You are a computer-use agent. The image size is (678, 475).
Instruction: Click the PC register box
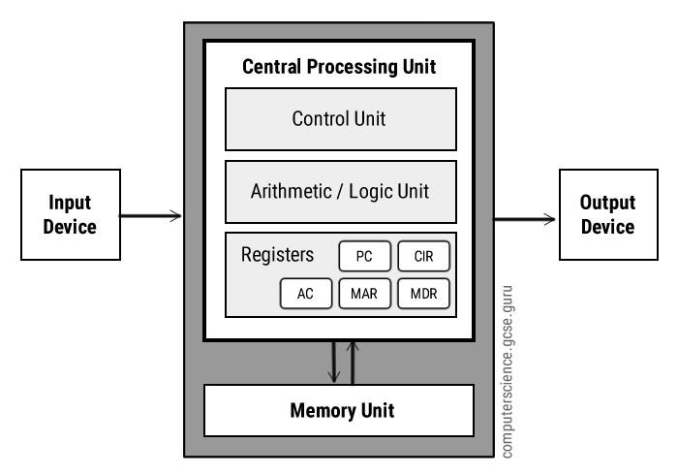tap(364, 257)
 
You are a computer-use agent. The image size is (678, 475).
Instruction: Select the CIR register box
tap(424, 257)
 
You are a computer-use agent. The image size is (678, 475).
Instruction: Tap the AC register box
tap(305, 294)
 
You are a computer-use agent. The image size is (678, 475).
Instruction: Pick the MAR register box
tap(364, 294)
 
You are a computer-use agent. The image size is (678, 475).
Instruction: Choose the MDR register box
tap(424, 294)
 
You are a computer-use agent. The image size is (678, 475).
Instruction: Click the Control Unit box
tap(339, 119)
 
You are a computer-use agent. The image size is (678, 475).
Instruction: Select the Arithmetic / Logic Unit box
tap(339, 191)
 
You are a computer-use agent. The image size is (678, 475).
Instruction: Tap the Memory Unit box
tap(339, 410)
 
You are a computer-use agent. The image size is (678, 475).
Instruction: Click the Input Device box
tap(71, 214)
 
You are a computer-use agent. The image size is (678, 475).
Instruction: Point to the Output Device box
tap(606, 214)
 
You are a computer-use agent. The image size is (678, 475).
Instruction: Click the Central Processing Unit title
tap(339, 67)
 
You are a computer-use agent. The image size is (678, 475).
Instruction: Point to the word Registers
tap(277, 256)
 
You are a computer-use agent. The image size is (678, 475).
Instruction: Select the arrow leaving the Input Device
tap(151, 215)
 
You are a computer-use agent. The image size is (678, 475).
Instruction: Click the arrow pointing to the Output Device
tap(525, 219)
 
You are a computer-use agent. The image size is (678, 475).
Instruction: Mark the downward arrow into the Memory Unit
tap(333, 362)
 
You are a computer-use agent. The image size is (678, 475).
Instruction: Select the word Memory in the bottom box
tap(321, 410)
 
